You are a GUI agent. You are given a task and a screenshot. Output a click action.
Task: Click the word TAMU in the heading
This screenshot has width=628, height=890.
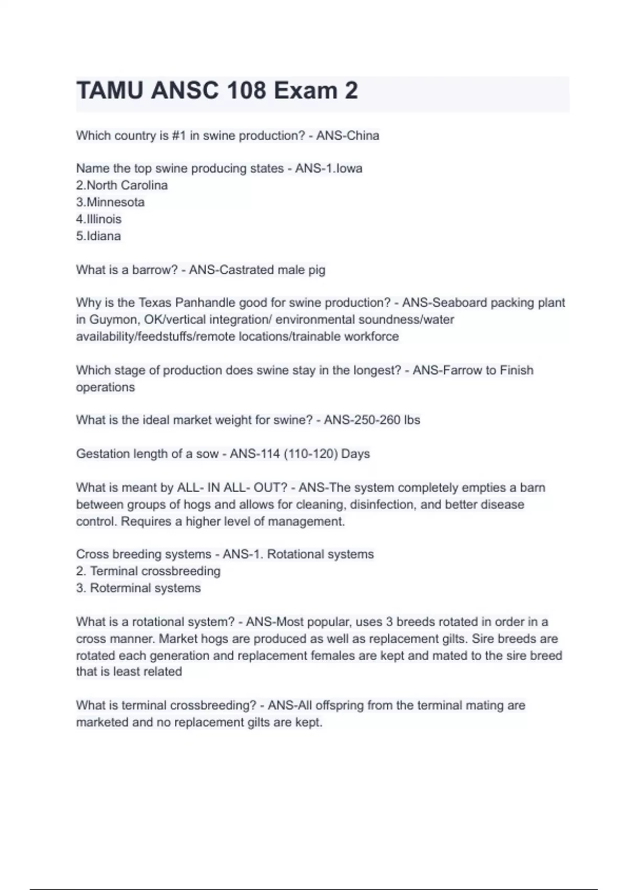tap(109, 91)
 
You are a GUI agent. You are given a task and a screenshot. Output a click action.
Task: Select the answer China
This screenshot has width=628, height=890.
tap(363, 136)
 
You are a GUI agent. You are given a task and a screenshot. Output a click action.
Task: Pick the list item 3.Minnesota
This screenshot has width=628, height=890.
tap(110, 202)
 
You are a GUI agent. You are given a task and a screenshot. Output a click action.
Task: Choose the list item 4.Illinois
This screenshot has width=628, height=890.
tap(99, 219)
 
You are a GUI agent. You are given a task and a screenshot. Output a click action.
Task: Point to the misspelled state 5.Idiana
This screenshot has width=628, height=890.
tap(98, 236)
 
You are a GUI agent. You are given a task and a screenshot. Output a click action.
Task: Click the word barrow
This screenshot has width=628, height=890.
tap(155, 270)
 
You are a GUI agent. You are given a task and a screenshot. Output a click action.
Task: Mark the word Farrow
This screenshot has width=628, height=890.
tap(462, 370)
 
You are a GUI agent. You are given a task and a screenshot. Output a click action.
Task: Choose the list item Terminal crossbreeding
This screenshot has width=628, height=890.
tap(155, 571)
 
